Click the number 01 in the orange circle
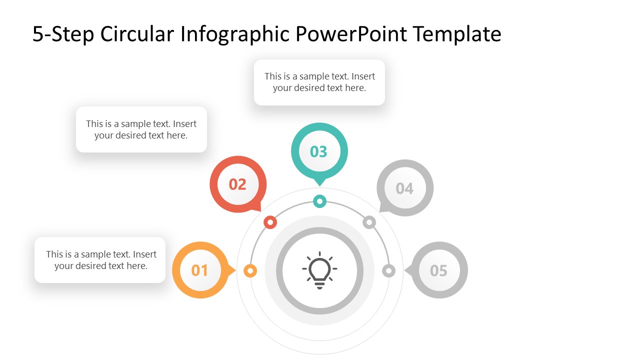[x=199, y=270]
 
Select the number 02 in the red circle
[x=237, y=184]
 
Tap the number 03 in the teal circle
[x=318, y=151]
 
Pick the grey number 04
[x=404, y=188]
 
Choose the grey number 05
[x=438, y=270]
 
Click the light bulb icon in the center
[x=319, y=271]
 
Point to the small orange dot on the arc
[x=250, y=271]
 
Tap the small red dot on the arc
[x=270, y=222]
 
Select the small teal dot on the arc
[x=319, y=201]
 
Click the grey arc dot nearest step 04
[x=369, y=222]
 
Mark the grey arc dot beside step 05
[x=388, y=271]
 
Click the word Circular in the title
[x=137, y=34]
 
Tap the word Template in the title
[x=457, y=34]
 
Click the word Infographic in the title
[x=234, y=34]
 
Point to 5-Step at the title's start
[x=63, y=34]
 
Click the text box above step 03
[x=319, y=82]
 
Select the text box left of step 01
[x=100, y=260]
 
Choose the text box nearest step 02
[x=141, y=129]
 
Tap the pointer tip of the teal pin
[x=319, y=185]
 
